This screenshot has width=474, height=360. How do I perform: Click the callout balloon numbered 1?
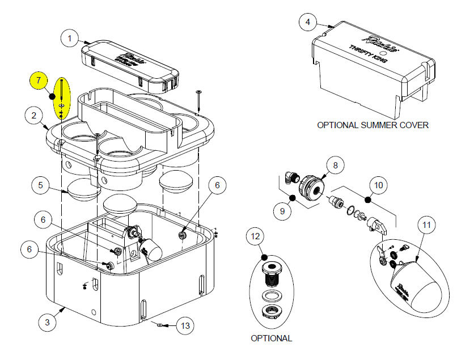coord(70,39)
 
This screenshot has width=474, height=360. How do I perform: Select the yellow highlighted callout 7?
coord(39,81)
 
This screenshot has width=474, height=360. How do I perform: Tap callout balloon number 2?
coord(35,116)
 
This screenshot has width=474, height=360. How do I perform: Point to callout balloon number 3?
coord(48,323)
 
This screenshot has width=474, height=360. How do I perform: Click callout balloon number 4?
coord(308,22)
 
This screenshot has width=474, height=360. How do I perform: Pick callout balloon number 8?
coord(335,165)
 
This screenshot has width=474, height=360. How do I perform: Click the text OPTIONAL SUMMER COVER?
coord(373,125)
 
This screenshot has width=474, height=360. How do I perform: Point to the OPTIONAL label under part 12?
coord(271,338)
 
